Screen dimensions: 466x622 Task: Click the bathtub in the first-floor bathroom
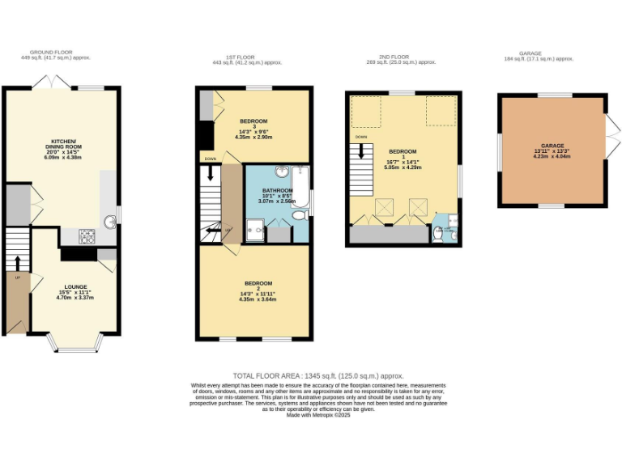(299, 187)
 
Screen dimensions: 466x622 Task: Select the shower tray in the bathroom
(256, 231)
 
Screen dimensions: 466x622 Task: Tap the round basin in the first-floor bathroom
(281, 172)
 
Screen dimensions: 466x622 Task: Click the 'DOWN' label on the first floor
(210, 159)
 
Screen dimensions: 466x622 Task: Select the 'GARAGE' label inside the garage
(552, 146)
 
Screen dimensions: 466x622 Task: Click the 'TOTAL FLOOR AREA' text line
(317, 375)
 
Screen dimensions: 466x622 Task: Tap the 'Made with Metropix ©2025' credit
(317, 415)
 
